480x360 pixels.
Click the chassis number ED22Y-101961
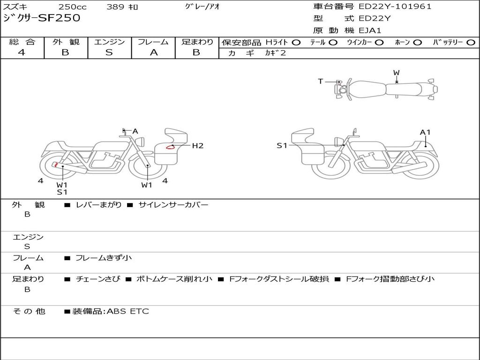(x=395, y=7)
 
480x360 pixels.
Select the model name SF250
(x=60, y=18)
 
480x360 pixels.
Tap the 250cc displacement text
(x=73, y=7)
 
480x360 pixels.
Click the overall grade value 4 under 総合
(x=22, y=52)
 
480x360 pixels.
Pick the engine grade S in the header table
(x=109, y=52)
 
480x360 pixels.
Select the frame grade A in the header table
(x=154, y=52)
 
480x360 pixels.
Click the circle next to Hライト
(x=296, y=43)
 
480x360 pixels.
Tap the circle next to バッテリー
(x=471, y=43)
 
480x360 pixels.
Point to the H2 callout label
(x=198, y=146)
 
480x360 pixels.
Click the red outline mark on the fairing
(x=171, y=147)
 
